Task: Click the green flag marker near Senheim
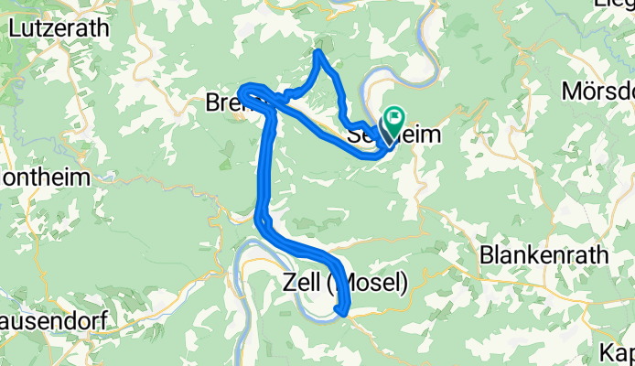tap(395, 117)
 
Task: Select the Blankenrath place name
tap(544, 254)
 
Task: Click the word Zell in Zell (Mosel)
tap(300, 282)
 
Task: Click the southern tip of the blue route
tap(342, 313)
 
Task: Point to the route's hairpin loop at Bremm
tap(245, 91)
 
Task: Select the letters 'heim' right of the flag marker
tap(421, 135)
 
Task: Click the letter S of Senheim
tap(356, 135)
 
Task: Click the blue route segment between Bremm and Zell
tap(266, 165)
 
